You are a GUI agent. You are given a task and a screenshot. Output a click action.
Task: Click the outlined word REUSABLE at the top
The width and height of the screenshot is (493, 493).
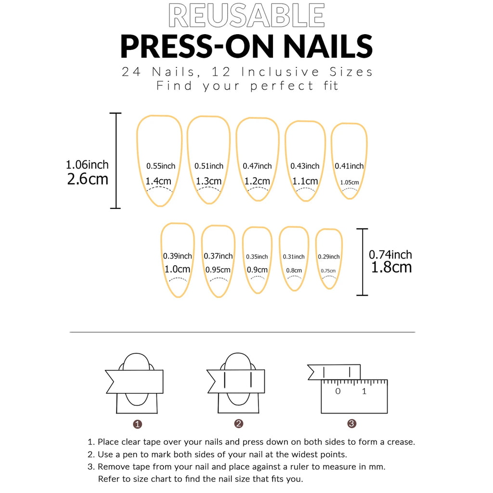point(246,16)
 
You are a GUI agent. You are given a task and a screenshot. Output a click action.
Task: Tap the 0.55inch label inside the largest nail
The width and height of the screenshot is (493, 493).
point(161,166)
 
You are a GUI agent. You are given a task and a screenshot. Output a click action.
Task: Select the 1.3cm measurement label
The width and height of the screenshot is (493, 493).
point(209,182)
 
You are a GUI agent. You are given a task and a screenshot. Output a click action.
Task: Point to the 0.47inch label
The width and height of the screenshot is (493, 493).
point(257,166)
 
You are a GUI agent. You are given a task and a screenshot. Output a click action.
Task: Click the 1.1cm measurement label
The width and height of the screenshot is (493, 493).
point(305,182)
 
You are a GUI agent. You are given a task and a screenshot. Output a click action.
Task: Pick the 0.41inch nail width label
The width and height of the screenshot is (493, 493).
point(349,166)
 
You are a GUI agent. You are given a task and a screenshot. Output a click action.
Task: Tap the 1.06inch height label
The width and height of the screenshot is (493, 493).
point(87,165)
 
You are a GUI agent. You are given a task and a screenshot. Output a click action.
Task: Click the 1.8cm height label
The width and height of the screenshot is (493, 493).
point(391,267)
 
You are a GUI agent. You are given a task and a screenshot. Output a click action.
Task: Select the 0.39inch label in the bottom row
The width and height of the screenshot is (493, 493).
point(178,256)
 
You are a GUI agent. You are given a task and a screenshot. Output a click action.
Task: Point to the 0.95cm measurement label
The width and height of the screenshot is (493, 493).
point(218,270)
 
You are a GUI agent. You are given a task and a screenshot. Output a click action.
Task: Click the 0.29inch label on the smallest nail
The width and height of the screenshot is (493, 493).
point(329,257)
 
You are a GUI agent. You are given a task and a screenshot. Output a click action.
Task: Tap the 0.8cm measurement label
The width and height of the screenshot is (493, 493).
point(294,271)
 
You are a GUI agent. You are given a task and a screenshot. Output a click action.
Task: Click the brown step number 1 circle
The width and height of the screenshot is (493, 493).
point(137,424)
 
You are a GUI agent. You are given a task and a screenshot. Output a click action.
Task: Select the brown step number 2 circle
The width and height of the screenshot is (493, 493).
point(239,424)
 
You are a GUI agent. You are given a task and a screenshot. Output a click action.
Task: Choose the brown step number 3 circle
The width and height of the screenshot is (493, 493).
point(352,424)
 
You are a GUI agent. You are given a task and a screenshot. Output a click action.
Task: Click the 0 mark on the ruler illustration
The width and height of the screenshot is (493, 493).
point(338,391)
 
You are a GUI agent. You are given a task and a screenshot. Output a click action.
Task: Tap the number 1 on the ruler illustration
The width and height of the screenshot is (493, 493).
point(364,391)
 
